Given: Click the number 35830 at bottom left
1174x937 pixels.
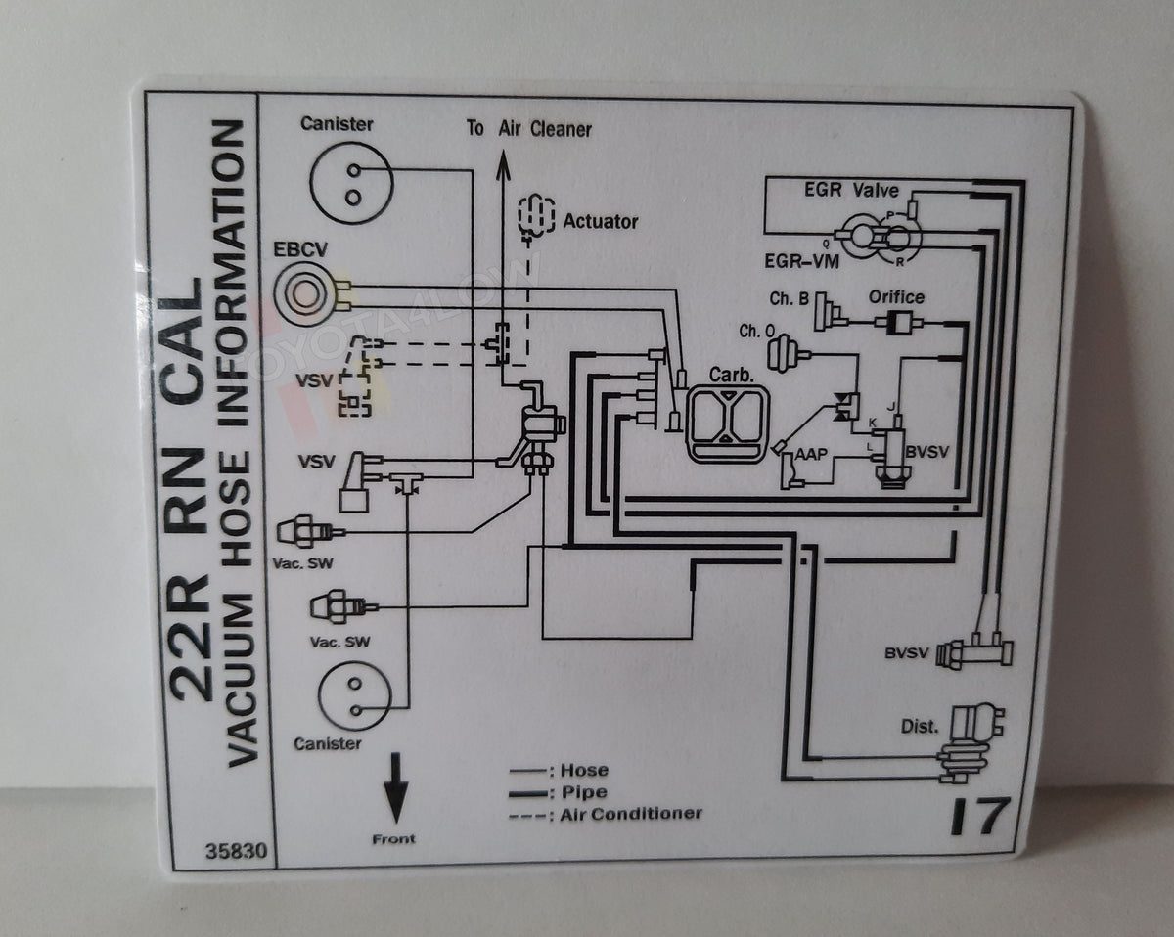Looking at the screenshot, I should pos(235,851).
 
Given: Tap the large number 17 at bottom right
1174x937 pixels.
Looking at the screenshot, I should pos(979,817).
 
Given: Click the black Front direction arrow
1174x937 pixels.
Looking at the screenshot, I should pos(395,787).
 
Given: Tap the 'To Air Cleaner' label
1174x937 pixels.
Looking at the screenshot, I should pos(528,129).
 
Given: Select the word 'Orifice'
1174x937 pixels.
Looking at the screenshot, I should pos(896,297).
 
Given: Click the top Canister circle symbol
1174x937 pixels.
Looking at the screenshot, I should pos(351,183).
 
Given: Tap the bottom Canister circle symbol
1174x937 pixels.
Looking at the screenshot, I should pos(355,695).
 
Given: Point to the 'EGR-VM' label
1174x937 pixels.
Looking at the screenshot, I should pos(797,261).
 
